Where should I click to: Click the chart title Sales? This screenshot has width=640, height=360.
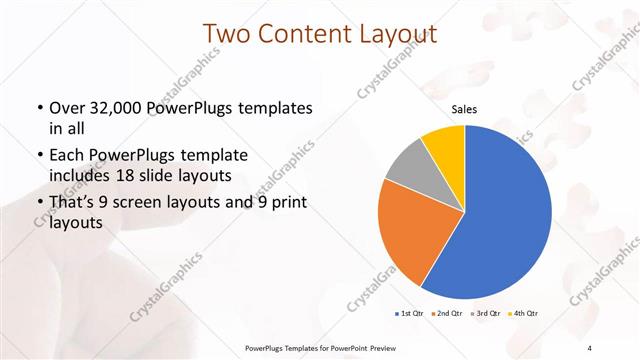click(x=465, y=110)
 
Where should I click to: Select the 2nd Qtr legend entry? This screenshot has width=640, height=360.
click(x=448, y=315)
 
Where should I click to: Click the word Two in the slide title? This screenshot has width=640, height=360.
click(x=229, y=35)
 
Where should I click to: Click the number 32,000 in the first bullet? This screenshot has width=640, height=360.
click(x=117, y=108)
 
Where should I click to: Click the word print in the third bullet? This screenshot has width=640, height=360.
click(x=290, y=204)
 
